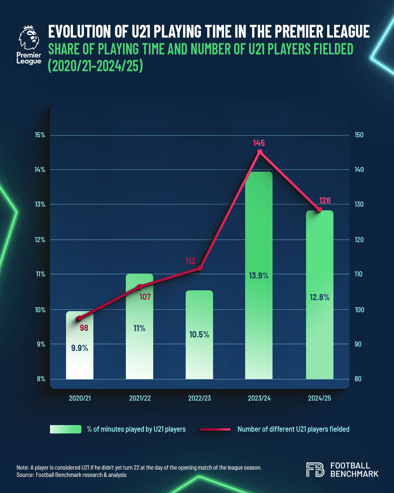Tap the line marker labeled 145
pyautogui.click(x=260, y=152)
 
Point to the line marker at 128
pyautogui.click(x=319, y=210)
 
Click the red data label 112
pyautogui.click(x=190, y=261)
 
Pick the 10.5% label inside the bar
pyautogui.click(x=199, y=335)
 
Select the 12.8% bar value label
pyautogui.click(x=320, y=297)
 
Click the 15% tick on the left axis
pyautogui.click(x=40, y=135)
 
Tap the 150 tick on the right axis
pyautogui.click(x=359, y=135)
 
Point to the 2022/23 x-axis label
pyautogui.click(x=199, y=398)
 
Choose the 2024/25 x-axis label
pyautogui.click(x=319, y=398)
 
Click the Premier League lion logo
pyautogui.click(x=29, y=38)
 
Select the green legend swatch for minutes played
pyautogui.click(x=66, y=429)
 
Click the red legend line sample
pyautogui.click(x=215, y=429)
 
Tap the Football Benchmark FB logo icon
pyautogui.click(x=315, y=470)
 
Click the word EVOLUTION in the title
pyautogui.click(x=79, y=31)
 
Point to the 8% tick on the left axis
pyautogui.click(x=41, y=379)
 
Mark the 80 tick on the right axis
pyautogui.click(x=358, y=379)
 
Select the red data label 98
pyautogui.click(x=84, y=328)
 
